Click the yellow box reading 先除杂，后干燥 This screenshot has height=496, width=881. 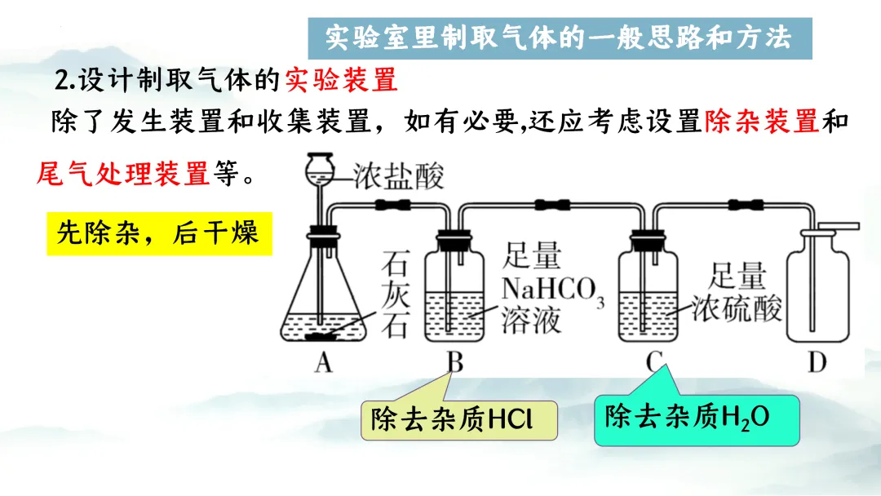pos(158,233)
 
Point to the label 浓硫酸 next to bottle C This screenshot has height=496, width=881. pos(737,309)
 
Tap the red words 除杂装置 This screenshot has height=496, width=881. pos(760,122)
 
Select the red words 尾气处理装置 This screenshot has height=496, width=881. pos(123,173)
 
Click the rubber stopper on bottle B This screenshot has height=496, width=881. pos(454,240)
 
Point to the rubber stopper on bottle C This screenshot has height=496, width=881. pos(650,240)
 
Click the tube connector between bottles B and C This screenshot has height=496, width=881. pos(552,205)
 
